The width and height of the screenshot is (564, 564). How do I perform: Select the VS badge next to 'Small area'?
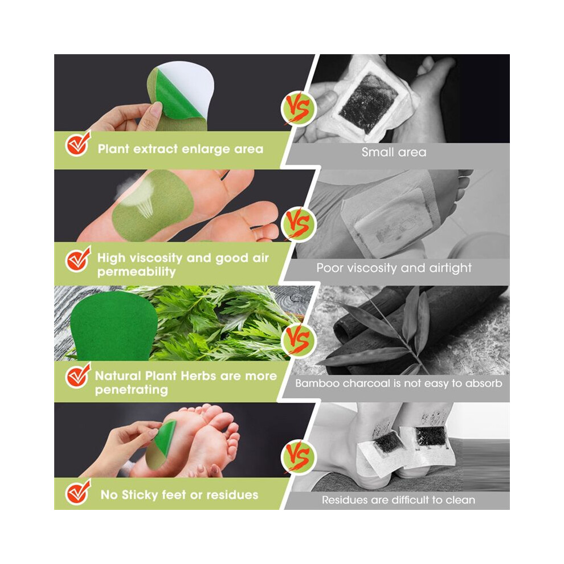click(298, 108)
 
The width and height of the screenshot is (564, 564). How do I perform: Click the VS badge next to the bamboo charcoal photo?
click(298, 340)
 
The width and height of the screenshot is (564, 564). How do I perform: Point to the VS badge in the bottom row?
click(298, 457)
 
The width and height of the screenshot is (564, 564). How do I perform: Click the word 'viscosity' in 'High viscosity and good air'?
click(156, 258)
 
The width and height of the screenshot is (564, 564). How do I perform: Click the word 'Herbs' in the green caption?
click(199, 376)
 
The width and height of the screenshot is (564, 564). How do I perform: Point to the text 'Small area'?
click(394, 152)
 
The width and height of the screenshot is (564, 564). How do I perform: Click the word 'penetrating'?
click(131, 390)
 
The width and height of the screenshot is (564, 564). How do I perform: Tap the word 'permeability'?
click(136, 272)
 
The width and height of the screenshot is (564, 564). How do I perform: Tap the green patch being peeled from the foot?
click(161, 446)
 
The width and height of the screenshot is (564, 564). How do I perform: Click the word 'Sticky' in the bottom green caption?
click(140, 495)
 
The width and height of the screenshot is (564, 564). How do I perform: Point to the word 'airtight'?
click(450, 268)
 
